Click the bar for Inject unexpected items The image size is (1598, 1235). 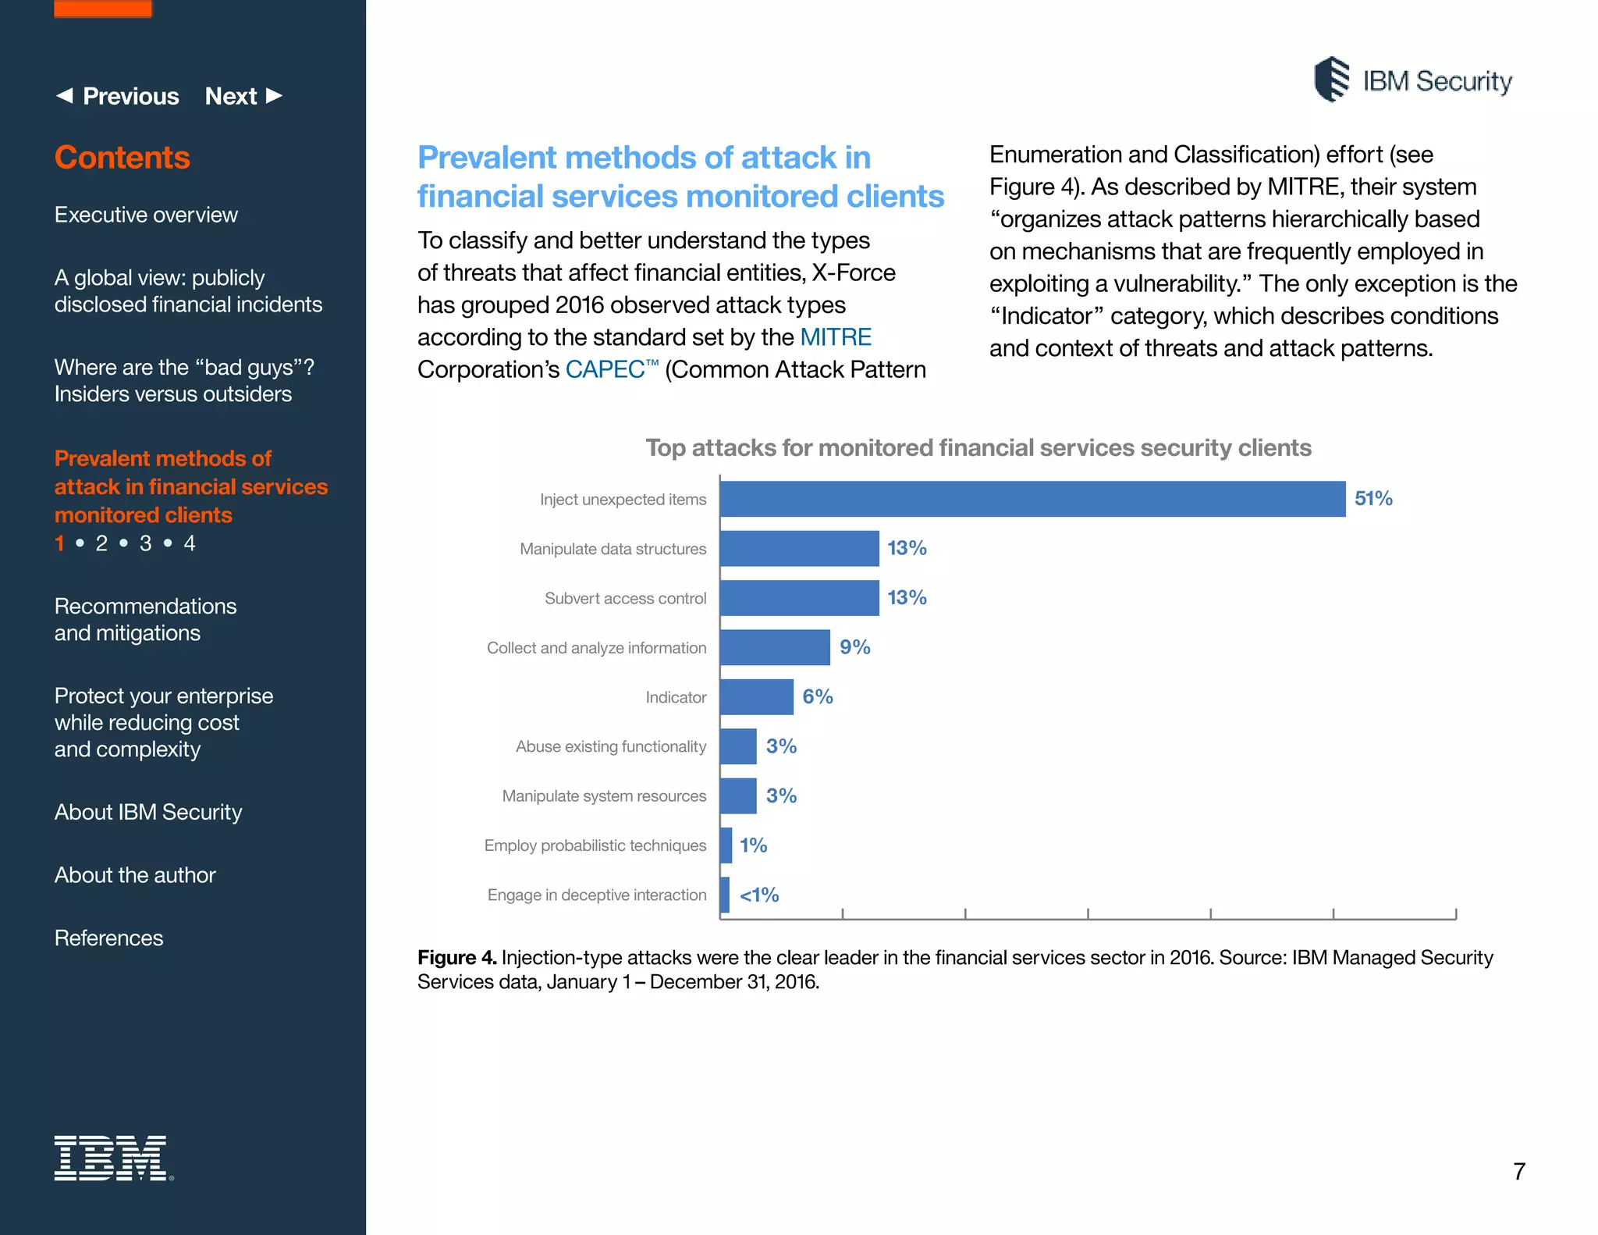1032,499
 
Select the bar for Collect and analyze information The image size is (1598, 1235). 774,647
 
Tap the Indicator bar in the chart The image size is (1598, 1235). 756,696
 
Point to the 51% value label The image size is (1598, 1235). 1373,499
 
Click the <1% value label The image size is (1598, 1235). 758,895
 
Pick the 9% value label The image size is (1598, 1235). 854,647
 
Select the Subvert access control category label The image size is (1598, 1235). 625,599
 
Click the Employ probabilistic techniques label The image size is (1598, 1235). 595,845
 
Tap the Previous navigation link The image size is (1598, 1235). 118,96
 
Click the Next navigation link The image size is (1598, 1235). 243,96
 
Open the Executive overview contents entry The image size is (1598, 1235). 146,215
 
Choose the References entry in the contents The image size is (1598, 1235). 108,938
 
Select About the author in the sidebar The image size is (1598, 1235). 135,875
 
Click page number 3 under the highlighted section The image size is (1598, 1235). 145,543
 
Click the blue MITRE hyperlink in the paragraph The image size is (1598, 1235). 835,337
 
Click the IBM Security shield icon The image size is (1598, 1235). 1331,80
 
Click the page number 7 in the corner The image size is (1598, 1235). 1518,1171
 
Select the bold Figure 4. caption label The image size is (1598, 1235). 456,957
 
